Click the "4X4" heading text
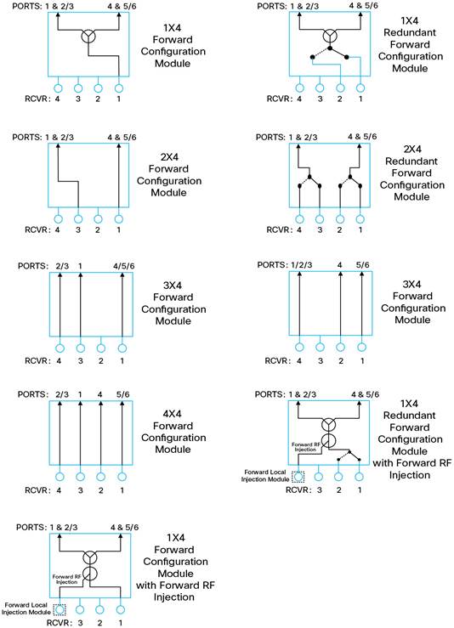173,413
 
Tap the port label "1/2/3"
302,265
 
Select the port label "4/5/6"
124,266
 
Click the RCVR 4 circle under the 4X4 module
60,477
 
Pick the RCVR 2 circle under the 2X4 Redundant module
340,219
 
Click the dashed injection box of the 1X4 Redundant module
298,477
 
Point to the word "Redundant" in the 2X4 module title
411,161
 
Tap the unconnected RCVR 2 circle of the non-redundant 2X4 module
98,219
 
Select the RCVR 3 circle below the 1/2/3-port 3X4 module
320,348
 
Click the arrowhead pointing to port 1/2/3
300,274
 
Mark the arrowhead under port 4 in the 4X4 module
100,404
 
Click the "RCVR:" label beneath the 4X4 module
37,490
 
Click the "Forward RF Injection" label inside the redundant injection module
306,447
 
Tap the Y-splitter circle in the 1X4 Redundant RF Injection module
329,424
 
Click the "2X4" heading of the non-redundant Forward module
169,156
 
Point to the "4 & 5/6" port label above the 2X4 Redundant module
362,137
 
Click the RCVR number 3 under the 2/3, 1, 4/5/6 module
81,361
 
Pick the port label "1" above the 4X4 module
80,394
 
